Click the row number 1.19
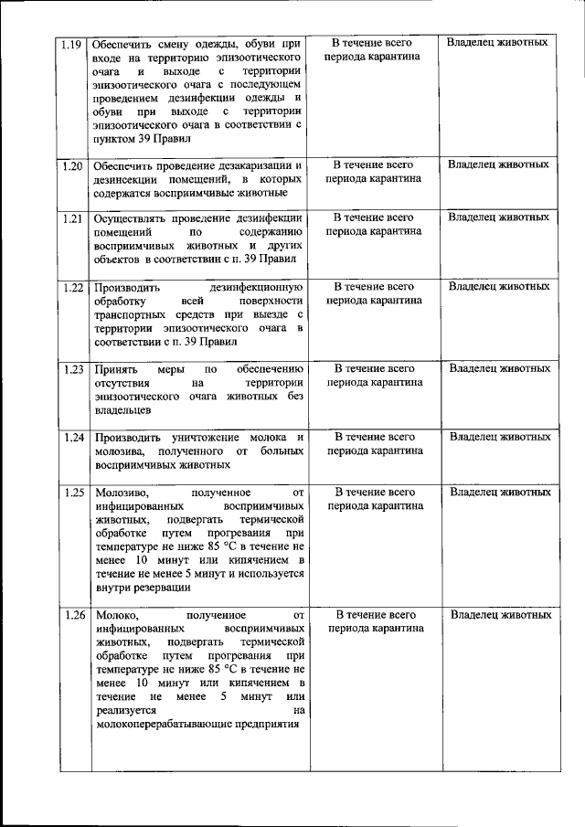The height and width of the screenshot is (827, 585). (x=71, y=43)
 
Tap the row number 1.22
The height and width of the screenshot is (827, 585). (x=73, y=287)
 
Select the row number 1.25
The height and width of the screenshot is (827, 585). (x=73, y=493)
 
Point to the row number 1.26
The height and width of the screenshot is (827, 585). (x=73, y=615)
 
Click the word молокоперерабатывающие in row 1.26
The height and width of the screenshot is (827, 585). (x=171, y=725)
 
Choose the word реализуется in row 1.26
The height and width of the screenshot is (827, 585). (x=124, y=710)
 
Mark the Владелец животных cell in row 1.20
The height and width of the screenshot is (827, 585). (x=499, y=164)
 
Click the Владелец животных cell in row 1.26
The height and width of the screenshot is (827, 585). (x=501, y=615)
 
